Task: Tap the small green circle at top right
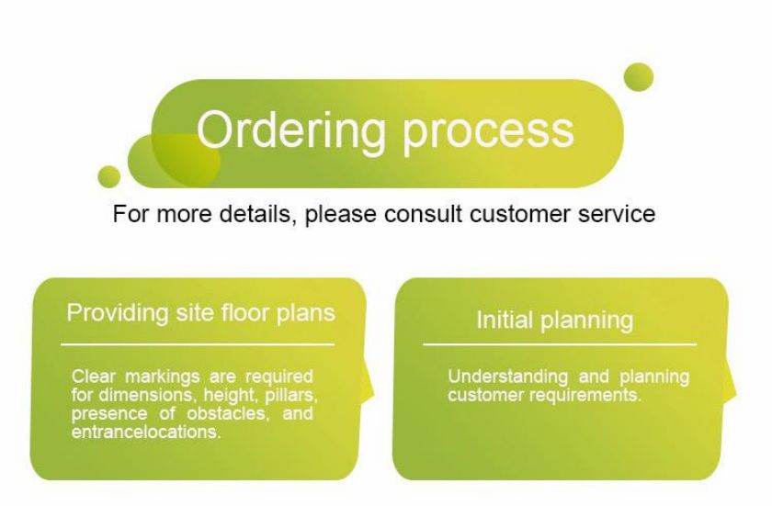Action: [x=639, y=77]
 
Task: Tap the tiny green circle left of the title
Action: [x=108, y=176]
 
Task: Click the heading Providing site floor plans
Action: [x=201, y=313]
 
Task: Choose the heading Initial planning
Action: [x=555, y=320]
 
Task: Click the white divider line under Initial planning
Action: [x=560, y=344]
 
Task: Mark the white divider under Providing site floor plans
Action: [x=198, y=344]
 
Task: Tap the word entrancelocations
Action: [x=146, y=433]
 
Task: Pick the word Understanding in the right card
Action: [x=507, y=377]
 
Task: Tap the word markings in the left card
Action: [x=163, y=377]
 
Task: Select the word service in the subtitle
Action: [x=617, y=214]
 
